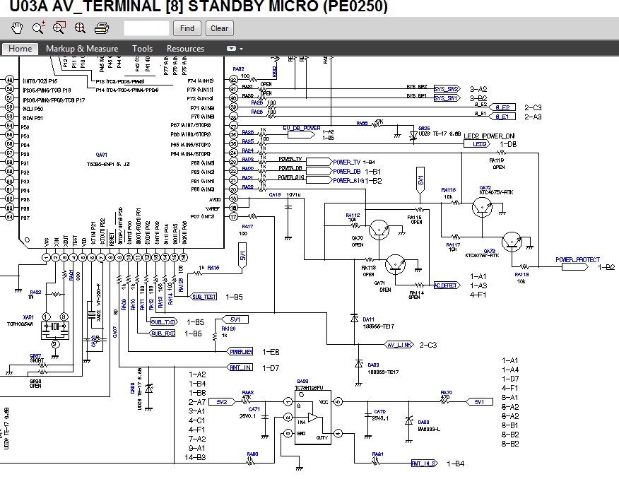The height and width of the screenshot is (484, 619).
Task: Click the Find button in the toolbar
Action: coord(187,28)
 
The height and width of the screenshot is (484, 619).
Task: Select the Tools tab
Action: coord(142,49)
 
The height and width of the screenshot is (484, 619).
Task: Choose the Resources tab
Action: coord(185,49)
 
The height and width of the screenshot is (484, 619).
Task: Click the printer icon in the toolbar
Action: coord(101,28)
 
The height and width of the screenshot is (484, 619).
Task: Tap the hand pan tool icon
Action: coord(18,28)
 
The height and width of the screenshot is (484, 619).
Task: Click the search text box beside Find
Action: coord(146,28)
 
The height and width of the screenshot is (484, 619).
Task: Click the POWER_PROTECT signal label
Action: coord(577,260)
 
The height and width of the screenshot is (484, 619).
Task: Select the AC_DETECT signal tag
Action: coord(445,285)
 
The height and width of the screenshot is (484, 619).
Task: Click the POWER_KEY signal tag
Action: coord(241,351)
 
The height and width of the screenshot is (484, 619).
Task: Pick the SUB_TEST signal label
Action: coord(204,297)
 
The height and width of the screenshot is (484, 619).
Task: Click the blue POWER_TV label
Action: coord(346,162)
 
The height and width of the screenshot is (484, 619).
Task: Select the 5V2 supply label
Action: coord(222,401)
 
